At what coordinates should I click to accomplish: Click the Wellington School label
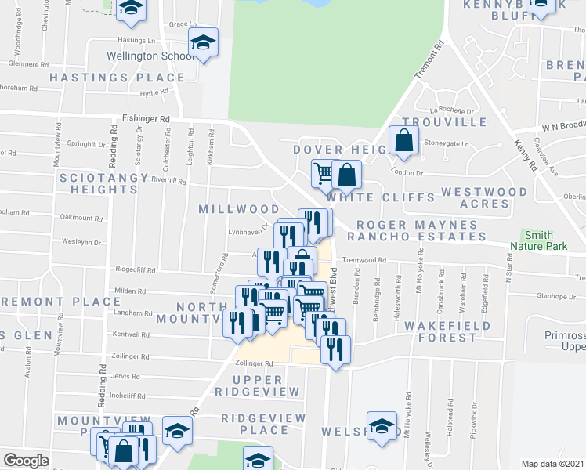[x=151, y=56]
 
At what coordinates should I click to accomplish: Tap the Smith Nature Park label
[x=537, y=240]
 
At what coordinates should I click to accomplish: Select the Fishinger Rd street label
[x=146, y=119]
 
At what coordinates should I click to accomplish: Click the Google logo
[x=26, y=461]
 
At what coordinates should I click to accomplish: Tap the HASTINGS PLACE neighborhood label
[x=118, y=78]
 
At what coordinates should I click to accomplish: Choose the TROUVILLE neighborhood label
[x=443, y=122]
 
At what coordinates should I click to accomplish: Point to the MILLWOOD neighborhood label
[x=239, y=209]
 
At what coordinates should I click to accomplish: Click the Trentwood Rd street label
[x=364, y=260]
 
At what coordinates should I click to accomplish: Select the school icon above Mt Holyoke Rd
[x=382, y=427]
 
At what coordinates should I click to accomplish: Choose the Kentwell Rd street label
[x=130, y=334]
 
